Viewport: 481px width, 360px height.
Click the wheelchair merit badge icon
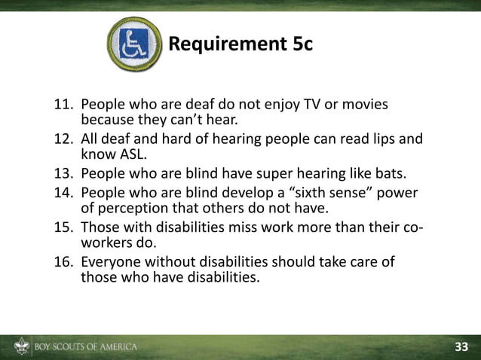pos(134,44)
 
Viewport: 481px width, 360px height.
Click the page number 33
pos(461,346)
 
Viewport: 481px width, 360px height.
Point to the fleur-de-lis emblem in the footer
pos(20,347)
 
